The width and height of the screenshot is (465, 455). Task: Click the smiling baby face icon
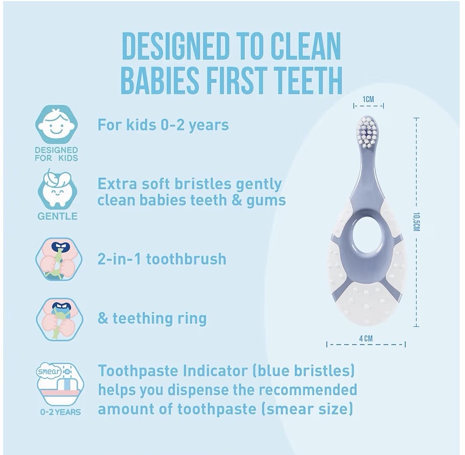point(56,125)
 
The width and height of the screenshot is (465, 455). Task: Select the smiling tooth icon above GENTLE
point(57,188)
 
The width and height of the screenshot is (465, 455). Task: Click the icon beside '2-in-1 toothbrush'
point(58,259)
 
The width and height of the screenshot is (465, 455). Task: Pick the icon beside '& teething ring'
point(59,319)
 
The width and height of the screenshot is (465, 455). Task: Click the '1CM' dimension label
point(368,99)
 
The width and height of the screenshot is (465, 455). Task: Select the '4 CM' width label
point(366,338)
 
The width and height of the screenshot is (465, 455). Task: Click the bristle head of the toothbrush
point(368,132)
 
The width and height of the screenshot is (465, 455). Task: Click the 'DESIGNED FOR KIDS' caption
point(56,154)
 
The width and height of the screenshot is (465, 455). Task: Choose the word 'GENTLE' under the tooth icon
point(58,216)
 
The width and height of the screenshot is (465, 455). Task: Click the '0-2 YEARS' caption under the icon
point(60,412)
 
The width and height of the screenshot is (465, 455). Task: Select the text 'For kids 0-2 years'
point(163,125)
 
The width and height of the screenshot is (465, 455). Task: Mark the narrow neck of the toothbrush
point(367,166)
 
